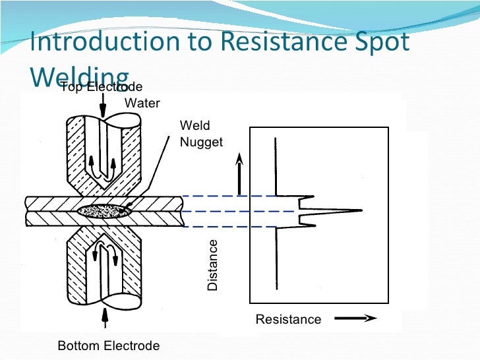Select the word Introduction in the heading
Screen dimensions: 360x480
coord(98,42)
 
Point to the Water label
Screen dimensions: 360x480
coord(142,104)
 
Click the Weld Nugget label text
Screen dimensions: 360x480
coord(201,134)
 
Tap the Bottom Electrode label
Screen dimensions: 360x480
coord(109,346)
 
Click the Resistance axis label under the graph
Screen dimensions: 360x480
coord(288,320)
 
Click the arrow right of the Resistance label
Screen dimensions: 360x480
coord(355,318)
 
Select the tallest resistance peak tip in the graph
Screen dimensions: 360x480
coord(360,211)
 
